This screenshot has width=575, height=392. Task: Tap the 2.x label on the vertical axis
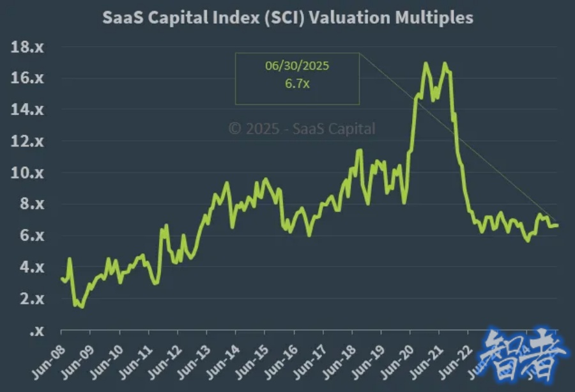[27, 299]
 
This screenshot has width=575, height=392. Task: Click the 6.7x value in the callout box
[297, 84]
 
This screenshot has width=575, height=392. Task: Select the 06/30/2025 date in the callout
[297, 66]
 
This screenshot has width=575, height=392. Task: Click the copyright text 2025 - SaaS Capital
[302, 129]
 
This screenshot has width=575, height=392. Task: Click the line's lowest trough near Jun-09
[81, 307]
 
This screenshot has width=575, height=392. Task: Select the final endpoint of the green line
[557, 225]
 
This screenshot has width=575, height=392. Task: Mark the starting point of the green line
[61, 278]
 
